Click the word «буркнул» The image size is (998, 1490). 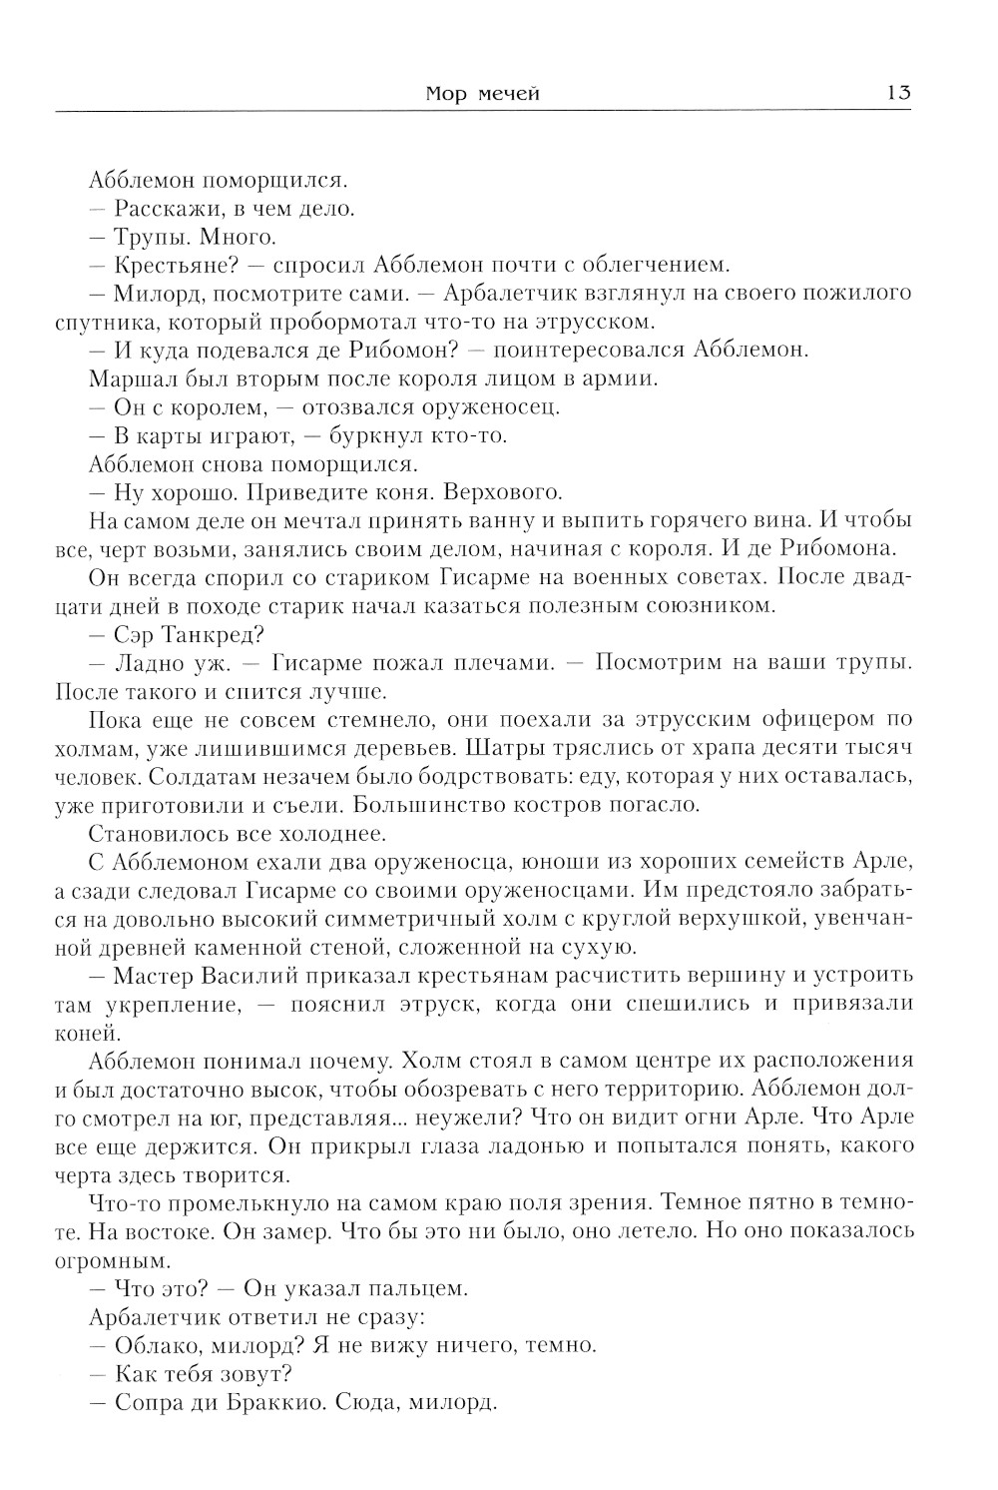click(x=370, y=435)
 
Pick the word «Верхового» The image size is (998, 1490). click(x=509, y=492)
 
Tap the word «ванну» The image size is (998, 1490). click(x=492, y=520)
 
